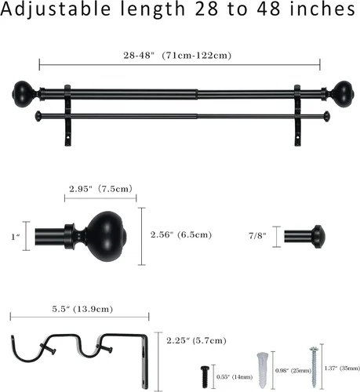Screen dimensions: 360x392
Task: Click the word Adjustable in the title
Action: (x=56, y=9)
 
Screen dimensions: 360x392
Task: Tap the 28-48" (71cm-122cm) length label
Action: (x=177, y=56)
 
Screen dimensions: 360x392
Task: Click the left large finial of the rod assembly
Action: (x=23, y=94)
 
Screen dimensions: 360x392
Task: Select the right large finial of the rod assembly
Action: (x=342, y=94)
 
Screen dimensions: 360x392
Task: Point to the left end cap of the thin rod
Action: (x=38, y=116)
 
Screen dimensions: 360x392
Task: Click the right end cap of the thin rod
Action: (x=326, y=116)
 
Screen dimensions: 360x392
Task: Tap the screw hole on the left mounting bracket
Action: (x=68, y=136)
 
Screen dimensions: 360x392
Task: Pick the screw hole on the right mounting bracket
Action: (x=298, y=136)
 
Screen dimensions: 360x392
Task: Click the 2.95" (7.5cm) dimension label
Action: (x=100, y=189)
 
